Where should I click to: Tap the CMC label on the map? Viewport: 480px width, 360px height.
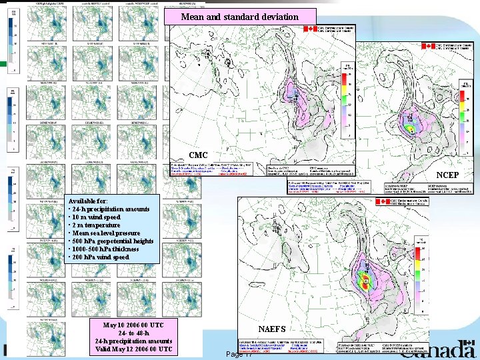[198, 155]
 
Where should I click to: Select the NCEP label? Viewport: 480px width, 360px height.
[447, 175]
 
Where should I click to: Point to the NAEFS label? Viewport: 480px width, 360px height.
[272, 329]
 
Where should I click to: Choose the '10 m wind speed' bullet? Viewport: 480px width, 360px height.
[96, 217]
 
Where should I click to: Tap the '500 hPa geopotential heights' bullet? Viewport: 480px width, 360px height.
[111, 241]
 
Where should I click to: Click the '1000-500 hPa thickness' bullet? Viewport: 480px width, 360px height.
[104, 249]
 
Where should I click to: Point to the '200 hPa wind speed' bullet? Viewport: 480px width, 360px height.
[100, 257]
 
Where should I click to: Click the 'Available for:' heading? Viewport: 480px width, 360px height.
[87, 201]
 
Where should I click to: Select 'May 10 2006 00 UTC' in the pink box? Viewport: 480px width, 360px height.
[134, 325]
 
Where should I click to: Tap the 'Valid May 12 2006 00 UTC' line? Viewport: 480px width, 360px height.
[134, 349]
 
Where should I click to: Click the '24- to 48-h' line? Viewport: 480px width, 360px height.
[134, 333]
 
